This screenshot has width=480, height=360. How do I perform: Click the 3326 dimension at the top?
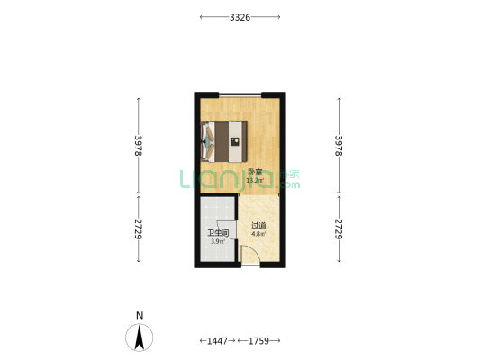point(240,17)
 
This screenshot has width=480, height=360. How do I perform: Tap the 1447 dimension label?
point(217,341)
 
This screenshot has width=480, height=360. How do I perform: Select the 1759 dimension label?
point(258,341)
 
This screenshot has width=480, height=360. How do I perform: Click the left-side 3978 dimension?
point(139,146)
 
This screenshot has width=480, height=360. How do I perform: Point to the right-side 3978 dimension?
point(339,146)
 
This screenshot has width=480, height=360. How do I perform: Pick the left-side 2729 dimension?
point(139,229)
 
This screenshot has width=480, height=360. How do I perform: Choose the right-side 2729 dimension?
point(339,229)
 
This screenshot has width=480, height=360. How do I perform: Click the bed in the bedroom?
point(224,141)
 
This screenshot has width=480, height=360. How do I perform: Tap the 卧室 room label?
point(255,173)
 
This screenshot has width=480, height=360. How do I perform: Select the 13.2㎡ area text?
point(255,181)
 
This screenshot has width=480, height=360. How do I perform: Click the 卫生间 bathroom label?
point(218,233)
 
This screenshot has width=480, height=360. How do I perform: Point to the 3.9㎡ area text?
point(218,241)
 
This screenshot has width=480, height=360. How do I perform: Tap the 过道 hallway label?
point(258,226)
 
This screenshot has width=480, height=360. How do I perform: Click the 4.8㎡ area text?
point(258,234)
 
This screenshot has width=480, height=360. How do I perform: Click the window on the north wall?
point(240,94)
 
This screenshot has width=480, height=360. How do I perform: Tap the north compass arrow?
point(140,337)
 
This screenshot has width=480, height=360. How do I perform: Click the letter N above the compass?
point(140,315)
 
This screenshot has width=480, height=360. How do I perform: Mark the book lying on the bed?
point(235,141)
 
